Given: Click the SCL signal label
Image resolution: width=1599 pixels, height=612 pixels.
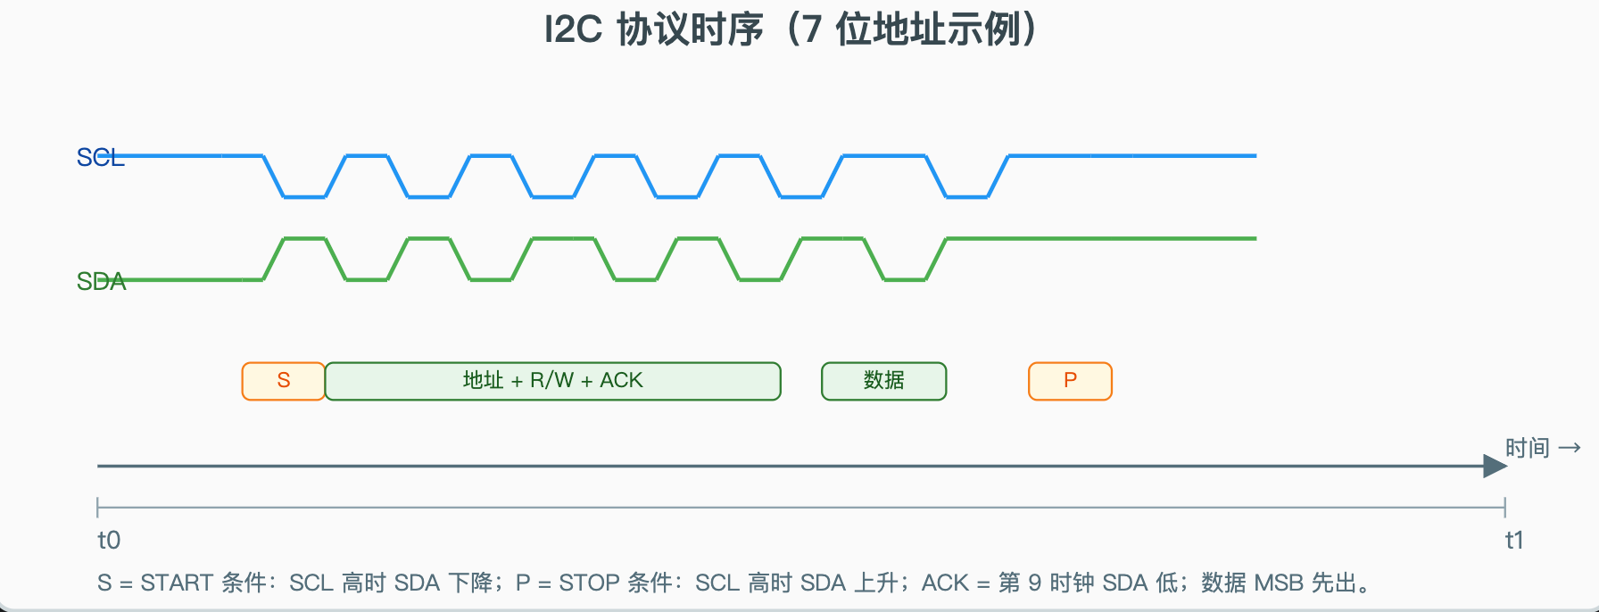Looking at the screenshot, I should pos(100,158).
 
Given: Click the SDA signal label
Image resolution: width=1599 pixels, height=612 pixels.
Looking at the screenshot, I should pos(101,282).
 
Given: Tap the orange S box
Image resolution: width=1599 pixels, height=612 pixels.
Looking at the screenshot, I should pos(284,381).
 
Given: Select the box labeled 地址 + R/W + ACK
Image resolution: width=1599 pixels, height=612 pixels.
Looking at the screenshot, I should pos(552,381).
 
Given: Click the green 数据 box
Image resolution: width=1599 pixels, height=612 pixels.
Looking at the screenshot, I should pos(883,381).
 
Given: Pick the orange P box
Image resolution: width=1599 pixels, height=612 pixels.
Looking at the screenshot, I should pos(1070,381).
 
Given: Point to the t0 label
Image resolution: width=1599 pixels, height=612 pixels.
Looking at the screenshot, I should pos(109,541).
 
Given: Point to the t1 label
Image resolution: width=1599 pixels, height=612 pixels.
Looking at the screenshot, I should pos(1514,541).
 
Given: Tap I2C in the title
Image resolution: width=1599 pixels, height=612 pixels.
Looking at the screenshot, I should pos(573,30).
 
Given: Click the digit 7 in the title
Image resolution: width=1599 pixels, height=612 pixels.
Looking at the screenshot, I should pos(810,30).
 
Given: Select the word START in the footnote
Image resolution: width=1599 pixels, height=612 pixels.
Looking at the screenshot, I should pos(176,583).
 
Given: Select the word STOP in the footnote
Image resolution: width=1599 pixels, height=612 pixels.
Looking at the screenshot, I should pos(589,583).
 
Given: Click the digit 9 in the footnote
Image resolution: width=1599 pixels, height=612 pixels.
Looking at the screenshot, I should pos(1034,583).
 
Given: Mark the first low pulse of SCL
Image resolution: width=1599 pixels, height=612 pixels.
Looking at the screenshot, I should pos(305,196).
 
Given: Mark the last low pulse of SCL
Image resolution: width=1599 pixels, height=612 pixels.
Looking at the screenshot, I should pos(967,196).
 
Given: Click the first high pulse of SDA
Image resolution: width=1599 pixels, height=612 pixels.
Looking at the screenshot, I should pos(304,239).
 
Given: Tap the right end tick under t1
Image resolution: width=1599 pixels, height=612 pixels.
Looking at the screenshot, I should pos(1504,508).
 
